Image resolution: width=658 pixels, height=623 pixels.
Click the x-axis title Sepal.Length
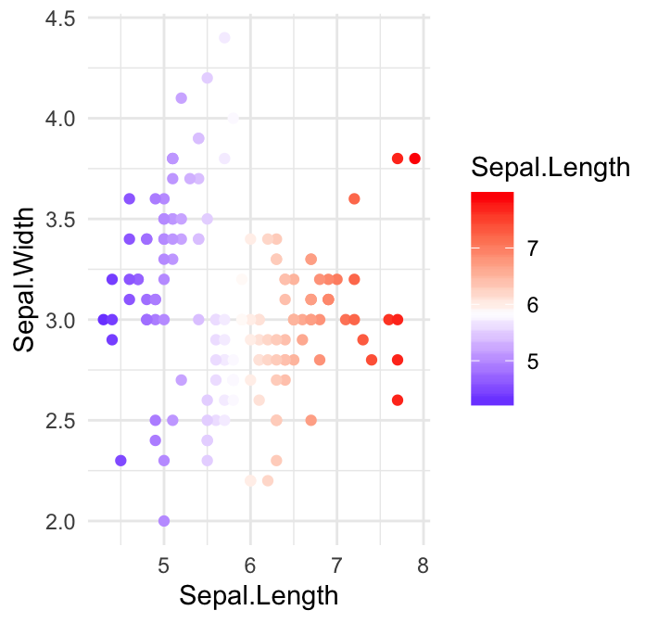pyautogui.click(x=259, y=595)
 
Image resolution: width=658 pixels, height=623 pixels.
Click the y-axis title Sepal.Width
pyautogui.click(x=30, y=280)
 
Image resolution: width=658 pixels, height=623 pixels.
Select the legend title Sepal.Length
pyautogui.click(x=550, y=168)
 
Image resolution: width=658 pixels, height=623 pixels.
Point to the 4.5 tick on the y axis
pyautogui.click(x=60, y=18)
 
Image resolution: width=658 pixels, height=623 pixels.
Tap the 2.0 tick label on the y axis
pyautogui.click(x=60, y=521)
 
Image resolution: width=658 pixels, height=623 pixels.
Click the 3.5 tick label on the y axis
pyautogui.click(x=60, y=219)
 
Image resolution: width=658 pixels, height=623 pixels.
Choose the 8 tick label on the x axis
pyautogui.click(x=423, y=566)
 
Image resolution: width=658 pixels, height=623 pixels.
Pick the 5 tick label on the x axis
pyautogui.click(x=164, y=566)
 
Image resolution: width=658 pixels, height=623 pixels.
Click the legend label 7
pyautogui.click(x=533, y=248)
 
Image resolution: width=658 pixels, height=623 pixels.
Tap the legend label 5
pyautogui.click(x=533, y=362)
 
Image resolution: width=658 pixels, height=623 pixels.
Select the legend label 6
pyautogui.click(x=533, y=305)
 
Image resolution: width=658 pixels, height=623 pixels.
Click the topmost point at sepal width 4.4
pyautogui.click(x=224, y=38)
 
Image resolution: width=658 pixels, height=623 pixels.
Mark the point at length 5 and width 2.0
pyautogui.click(x=164, y=521)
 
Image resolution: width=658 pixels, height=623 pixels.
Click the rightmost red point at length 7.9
pyautogui.click(x=414, y=159)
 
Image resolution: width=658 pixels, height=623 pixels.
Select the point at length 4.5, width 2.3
pyautogui.click(x=120, y=461)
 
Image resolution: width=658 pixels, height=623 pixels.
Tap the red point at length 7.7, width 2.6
pyautogui.click(x=398, y=400)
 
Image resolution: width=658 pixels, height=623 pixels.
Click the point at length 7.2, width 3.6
pyautogui.click(x=354, y=198)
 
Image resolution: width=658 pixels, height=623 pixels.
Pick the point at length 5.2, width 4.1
pyautogui.click(x=182, y=98)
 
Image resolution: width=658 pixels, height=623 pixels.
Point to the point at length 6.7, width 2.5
pyautogui.click(x=311, y=420)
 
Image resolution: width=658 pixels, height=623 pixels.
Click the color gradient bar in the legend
pyautogui.click(x=492, y=299)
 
